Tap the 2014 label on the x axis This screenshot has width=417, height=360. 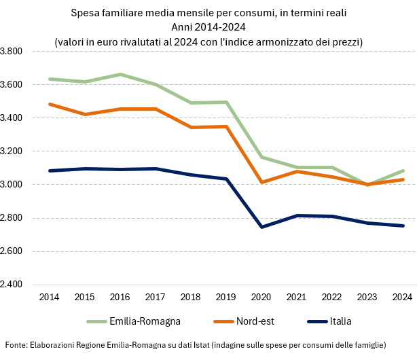48,297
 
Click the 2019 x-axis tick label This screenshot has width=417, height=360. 226,297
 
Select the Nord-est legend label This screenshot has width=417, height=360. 256,321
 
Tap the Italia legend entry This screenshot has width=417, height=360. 342,321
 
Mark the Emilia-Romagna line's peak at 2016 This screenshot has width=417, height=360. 120,74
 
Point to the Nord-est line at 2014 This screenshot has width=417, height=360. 49,104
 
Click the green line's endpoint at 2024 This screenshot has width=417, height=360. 404,170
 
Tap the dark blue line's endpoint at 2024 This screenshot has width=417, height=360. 404,226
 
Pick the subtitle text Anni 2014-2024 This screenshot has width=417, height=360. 208,27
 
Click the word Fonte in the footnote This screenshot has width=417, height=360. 16,345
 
